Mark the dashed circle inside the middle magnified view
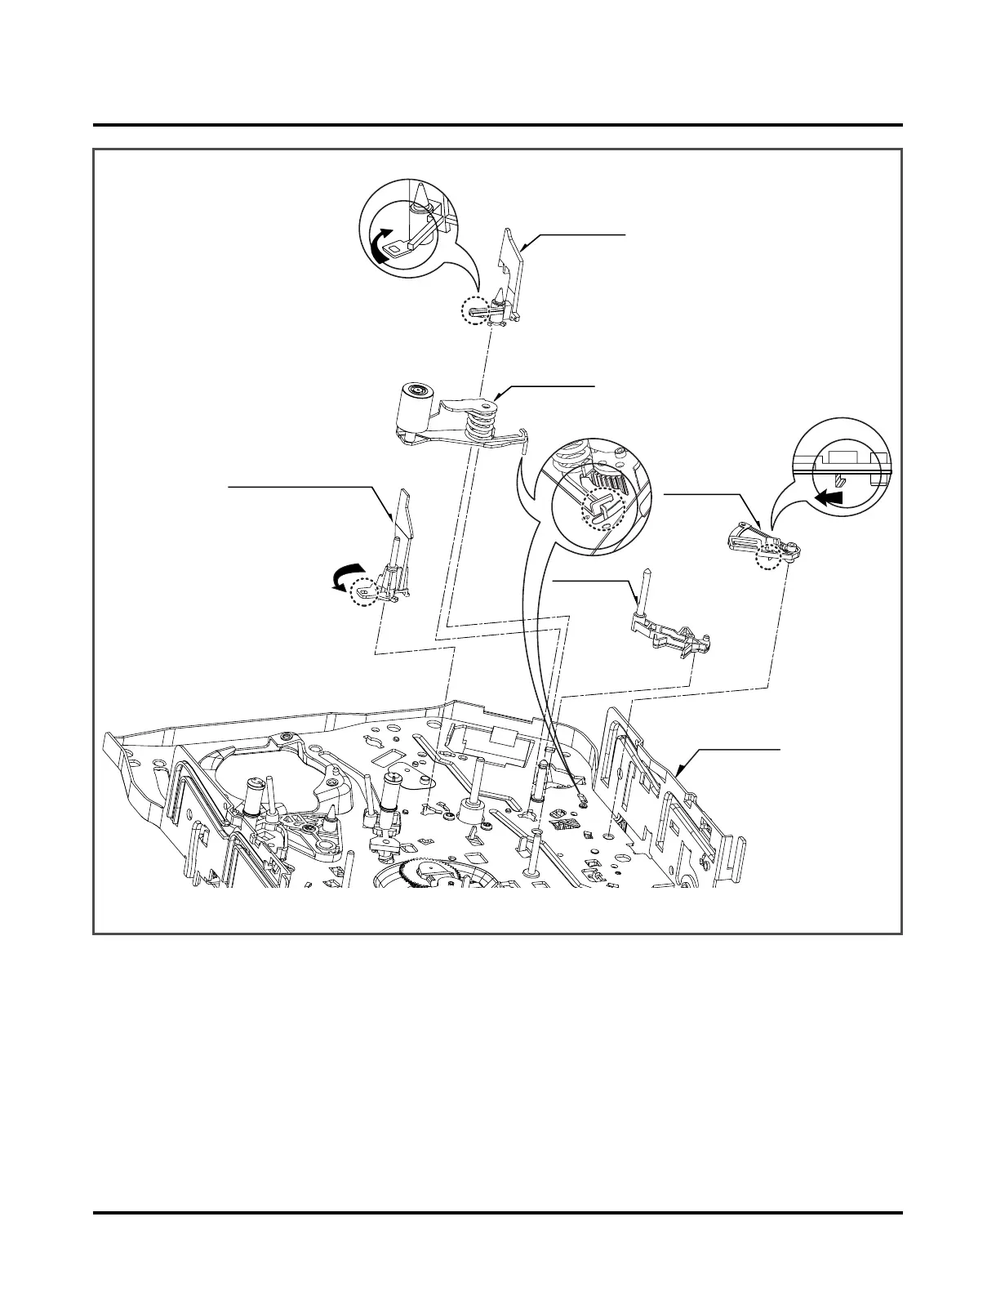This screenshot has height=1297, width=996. pyautogui.click(x=602, y=513)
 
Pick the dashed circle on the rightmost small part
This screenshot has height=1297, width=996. pyautogui.click(x=768, y=559)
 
